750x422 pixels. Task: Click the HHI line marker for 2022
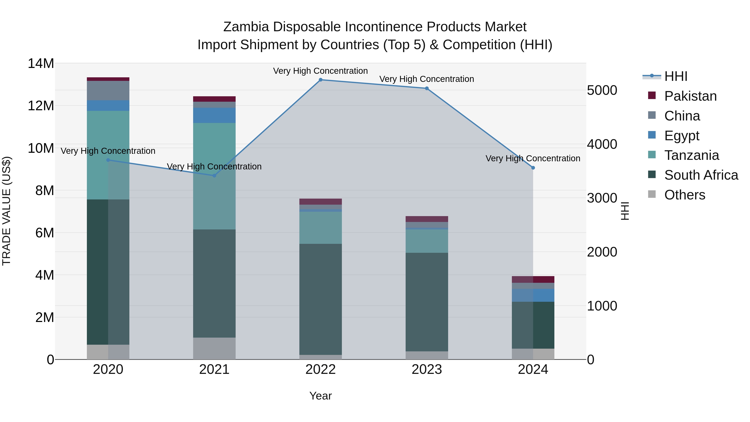click(321, 80)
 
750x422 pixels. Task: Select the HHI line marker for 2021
click(214, 176)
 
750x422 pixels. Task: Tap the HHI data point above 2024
click(533, 168)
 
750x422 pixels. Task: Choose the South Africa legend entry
click(701, 175)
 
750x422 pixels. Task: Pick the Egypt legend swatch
click(652, 135)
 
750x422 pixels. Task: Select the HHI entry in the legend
click(675, 76)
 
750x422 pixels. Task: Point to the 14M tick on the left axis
click(41, 64)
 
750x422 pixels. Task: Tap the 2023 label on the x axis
click(427, 369)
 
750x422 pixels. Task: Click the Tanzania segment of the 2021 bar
click(214, 176)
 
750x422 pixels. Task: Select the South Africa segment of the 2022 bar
click(321, 299)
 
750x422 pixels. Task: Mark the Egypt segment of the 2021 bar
click(214, 115)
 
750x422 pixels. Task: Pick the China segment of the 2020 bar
click(108, 91)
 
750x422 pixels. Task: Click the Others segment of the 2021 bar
click(214, 348)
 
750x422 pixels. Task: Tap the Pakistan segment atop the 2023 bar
click(427, 219)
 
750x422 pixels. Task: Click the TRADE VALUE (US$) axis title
click(6, 211)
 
